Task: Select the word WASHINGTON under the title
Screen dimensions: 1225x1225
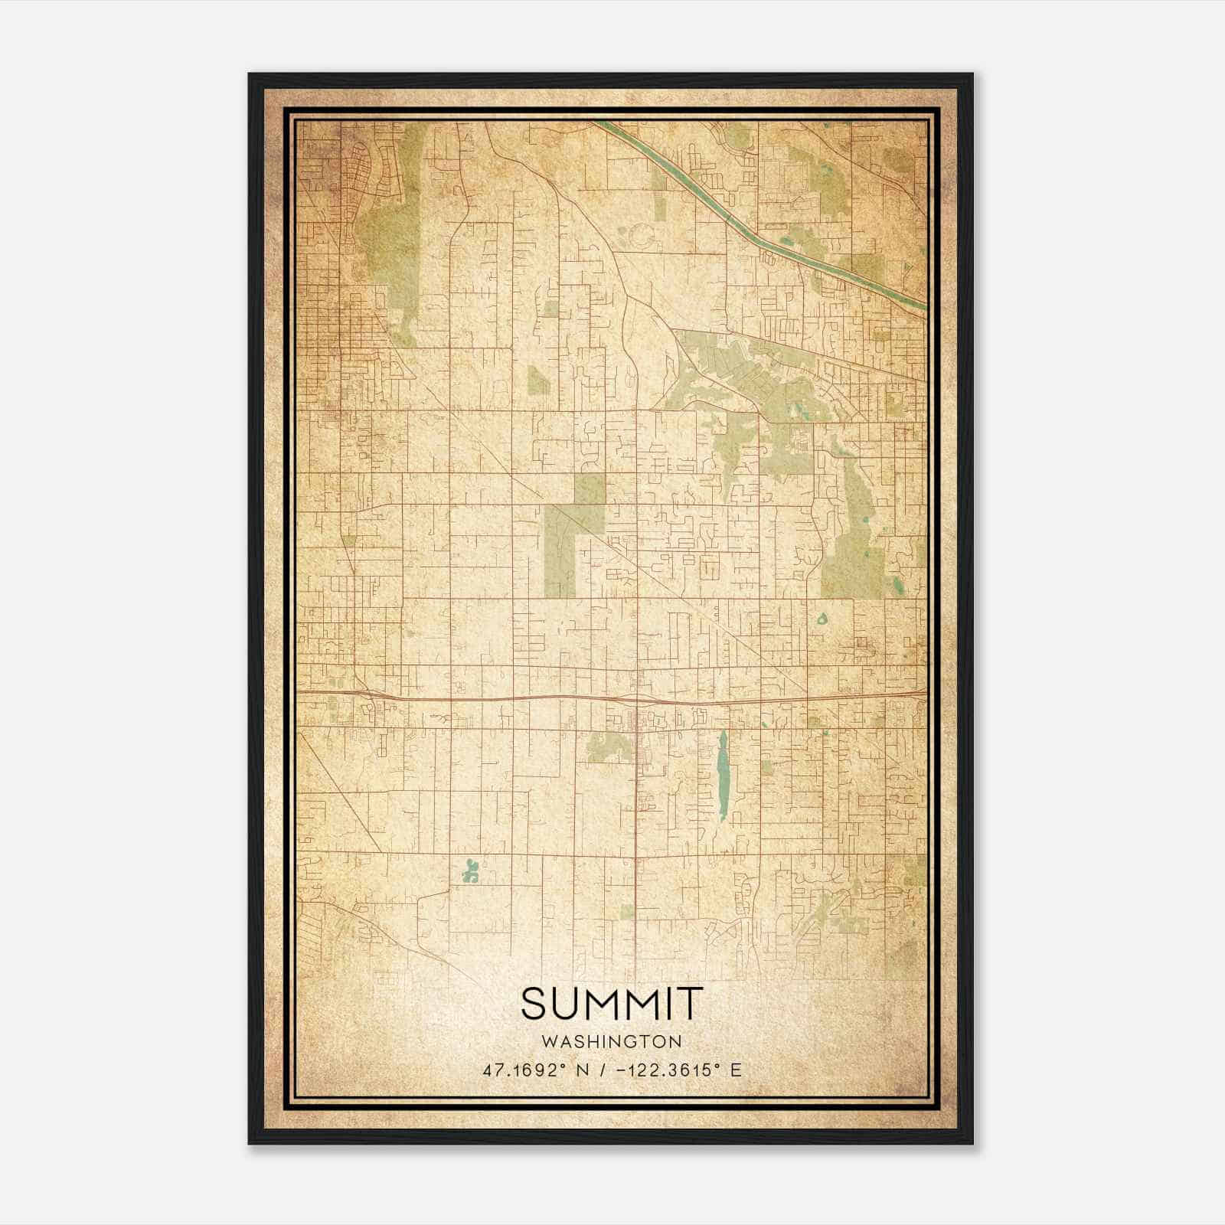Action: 611,1041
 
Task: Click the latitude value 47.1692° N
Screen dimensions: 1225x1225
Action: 534,1070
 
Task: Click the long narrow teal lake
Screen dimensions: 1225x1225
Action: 723,775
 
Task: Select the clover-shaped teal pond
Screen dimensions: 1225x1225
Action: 470,870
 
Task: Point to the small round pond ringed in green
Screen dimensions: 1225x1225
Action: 822,619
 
